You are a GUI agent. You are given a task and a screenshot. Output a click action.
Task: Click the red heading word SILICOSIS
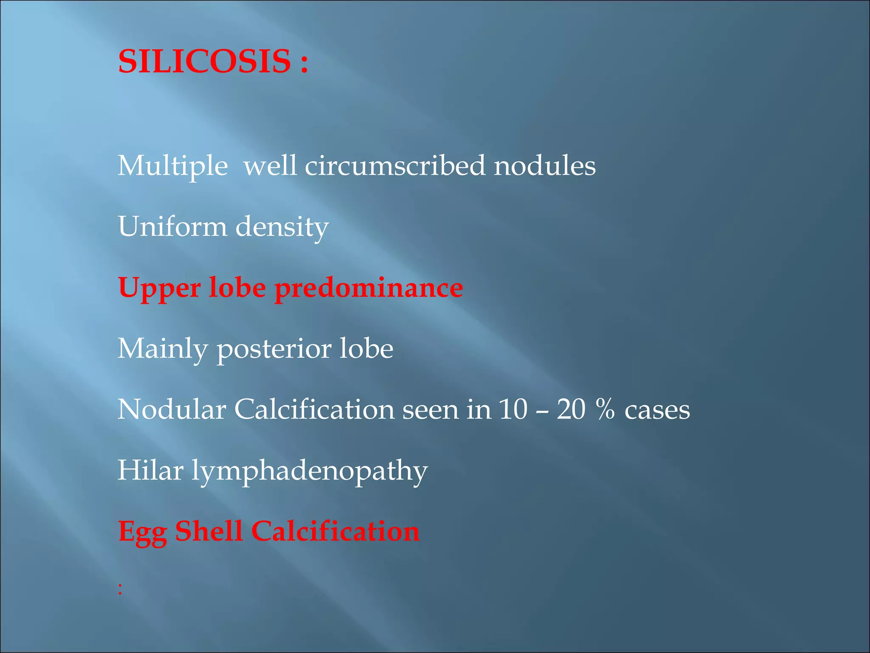[x=204, y=61]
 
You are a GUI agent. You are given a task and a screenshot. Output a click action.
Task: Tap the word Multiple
[x=172, y=166]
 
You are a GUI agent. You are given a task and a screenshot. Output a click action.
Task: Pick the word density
[x=282, y=227]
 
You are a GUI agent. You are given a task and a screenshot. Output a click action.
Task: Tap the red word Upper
[x=159, y=288]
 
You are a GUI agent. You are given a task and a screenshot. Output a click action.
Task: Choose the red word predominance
[x=369, y=288]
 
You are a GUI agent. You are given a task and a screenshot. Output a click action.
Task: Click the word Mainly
[x=163, y=349]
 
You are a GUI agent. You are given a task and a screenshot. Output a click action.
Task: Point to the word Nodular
[x=172, y=409]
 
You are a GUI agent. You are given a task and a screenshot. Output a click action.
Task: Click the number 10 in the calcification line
[x=513, y=409]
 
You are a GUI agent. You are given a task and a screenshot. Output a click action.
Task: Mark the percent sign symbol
[x=605, y=409]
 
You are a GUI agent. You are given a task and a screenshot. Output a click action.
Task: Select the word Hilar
[x=150, y=470]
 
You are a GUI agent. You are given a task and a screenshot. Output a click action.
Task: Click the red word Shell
[x=209, y=531]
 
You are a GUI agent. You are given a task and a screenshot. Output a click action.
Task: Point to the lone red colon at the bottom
[x=121, y=589]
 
